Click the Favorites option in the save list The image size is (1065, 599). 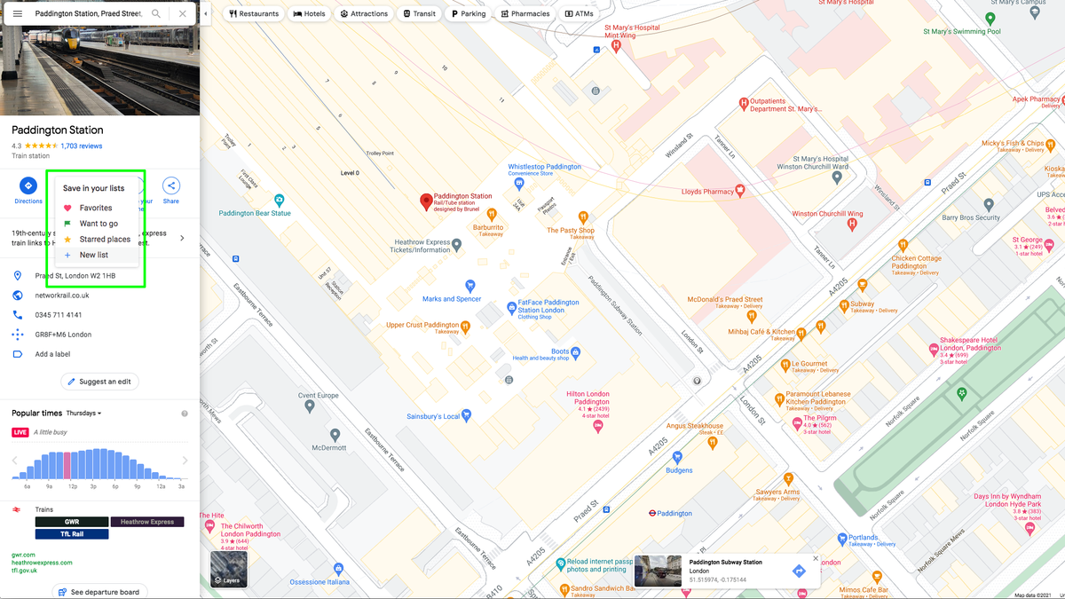(95, 208)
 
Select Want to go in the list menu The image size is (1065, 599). (98, 224)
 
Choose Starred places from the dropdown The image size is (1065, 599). (104, 240)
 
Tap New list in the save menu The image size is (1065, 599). (93, 256)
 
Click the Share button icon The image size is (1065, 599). (170, 185)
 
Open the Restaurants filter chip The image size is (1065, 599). (254, 14)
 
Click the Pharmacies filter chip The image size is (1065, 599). (525, 14)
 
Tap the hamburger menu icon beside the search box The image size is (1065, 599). (17, 14)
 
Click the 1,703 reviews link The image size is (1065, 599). (81, 146)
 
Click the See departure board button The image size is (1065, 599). (99, 592)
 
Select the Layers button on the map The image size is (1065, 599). (228, 569)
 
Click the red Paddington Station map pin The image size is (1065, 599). (425, 201)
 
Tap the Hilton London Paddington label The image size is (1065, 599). (588, 398)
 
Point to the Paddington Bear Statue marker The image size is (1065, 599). (280, 201)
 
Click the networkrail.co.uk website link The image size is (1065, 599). (62, 296)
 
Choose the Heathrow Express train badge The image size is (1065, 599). (147, 522)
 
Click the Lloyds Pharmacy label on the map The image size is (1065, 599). (707, 192)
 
